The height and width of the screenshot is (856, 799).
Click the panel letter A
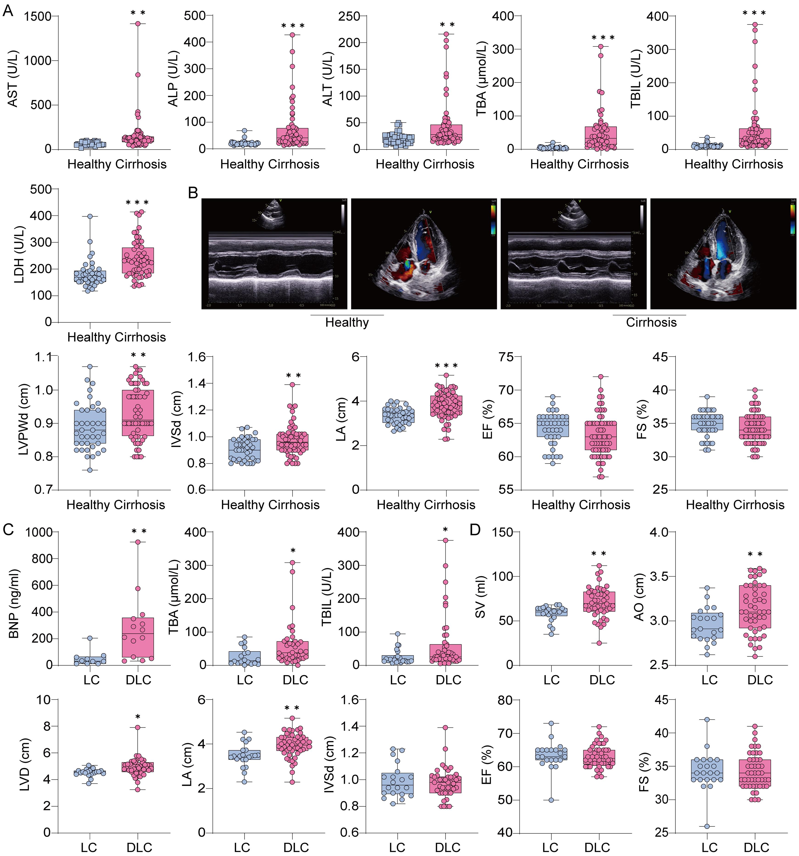tap(8, 9)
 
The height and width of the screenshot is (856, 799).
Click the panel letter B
tap(193, 193)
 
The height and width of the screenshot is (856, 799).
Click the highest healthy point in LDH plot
tap(90, 216)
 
